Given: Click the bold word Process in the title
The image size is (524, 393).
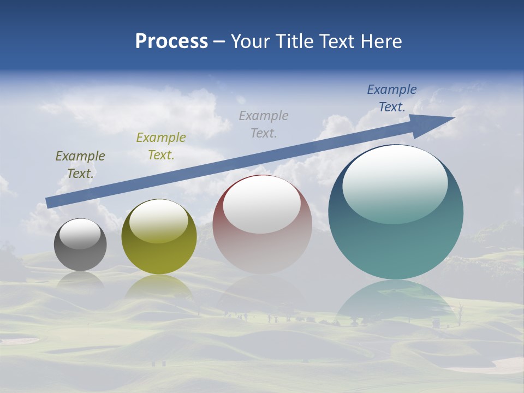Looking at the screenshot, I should pyautogui.click(x=171, y=41).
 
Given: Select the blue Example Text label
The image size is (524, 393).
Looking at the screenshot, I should pyautogui.click(x=392, y=98).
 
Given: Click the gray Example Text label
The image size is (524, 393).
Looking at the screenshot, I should pyautogui.click(x=264, y=124).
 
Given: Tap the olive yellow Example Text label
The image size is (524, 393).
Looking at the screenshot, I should pyautogui.click(x=161, y=146).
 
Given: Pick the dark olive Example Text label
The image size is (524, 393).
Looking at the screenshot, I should pyautogui.click(x=80, y=164).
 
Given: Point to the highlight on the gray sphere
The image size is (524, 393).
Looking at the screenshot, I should pyautogui.click(x=80, y=234).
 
